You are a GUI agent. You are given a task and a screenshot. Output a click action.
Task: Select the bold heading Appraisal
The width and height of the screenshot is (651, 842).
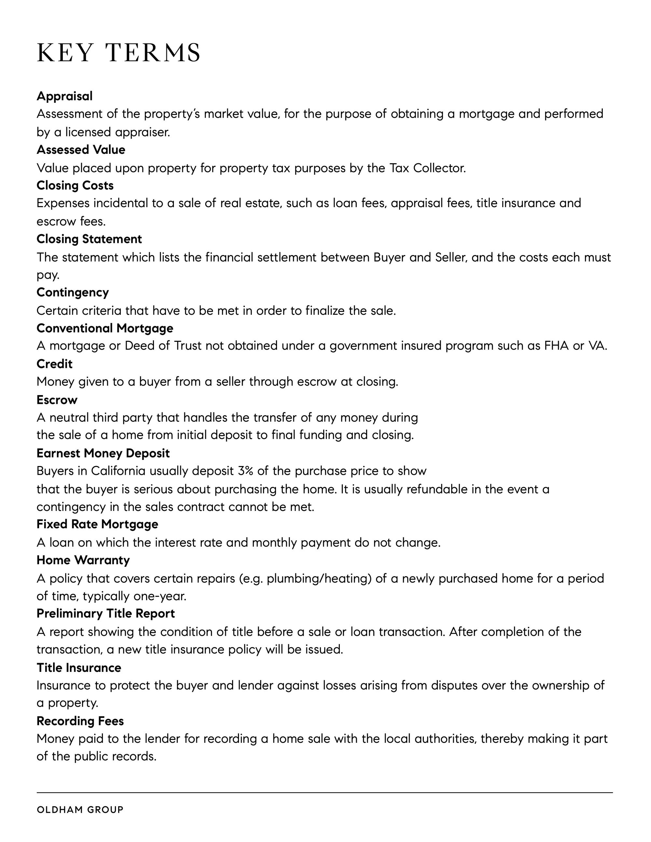tap(64, 96)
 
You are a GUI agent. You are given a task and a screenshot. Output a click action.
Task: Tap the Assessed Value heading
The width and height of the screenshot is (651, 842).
tap(81, 150)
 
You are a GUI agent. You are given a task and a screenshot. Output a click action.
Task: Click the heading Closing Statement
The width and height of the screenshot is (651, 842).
tap(89, 239)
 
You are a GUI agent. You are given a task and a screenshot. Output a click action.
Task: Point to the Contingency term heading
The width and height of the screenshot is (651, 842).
tap(73, 292)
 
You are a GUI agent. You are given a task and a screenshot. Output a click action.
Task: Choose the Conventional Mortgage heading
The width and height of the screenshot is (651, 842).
tap(104, 328)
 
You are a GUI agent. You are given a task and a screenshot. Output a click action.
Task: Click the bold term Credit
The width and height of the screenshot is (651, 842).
tap(54, 364)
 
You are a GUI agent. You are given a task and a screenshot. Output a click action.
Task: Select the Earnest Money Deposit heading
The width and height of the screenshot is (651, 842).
tap(103, 453)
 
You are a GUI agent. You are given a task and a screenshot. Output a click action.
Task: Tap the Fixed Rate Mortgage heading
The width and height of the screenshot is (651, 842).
tap(97, 524)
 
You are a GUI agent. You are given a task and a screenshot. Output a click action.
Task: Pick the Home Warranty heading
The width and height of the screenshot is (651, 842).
tap(83, 560)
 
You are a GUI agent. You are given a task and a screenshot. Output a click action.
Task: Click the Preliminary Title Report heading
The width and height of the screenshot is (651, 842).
tap(105, 613)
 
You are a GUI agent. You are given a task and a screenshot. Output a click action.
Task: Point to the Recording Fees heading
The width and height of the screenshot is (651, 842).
tap(80, 721)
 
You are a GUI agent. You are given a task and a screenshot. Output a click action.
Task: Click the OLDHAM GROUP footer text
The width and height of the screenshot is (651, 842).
tap(80, 809)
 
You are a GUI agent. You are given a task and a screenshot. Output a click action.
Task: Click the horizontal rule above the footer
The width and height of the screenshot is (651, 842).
tap(325, 793)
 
